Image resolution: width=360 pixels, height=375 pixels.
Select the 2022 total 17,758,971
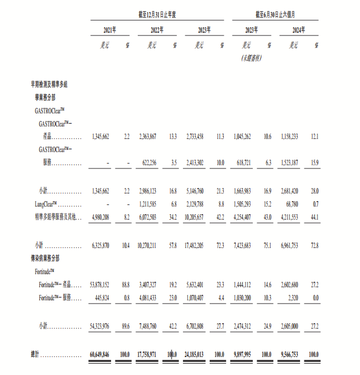point(145,354)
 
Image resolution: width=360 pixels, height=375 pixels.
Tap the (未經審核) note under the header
point(251,57)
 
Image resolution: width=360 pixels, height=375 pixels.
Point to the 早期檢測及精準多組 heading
point(48,84)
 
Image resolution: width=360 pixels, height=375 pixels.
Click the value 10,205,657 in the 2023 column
point(195,217)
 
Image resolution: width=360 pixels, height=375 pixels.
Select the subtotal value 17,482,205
point(195,245)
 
